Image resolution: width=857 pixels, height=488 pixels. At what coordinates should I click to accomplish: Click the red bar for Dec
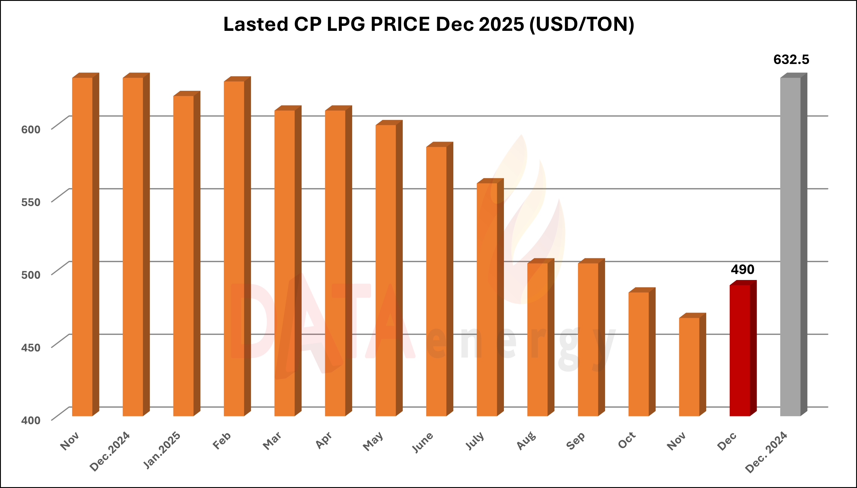pos(740,350)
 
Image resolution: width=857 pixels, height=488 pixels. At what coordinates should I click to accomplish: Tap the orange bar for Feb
pos(234,248)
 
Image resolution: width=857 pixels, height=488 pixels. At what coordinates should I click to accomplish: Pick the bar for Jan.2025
pos(183,256)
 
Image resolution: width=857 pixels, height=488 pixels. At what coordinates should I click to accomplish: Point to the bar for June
pos(436,281)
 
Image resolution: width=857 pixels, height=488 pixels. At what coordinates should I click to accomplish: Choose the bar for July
pos(487,299)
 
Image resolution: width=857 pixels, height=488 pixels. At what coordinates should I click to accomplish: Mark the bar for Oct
pos(638,354)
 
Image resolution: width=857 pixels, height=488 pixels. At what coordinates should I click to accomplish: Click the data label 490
pos(742,269)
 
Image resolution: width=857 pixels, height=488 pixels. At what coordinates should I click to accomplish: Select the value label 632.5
pos(791,60)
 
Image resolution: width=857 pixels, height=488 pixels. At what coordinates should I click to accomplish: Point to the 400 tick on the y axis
pos(31,420)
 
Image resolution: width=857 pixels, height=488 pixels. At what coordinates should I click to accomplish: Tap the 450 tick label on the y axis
pos(31,347)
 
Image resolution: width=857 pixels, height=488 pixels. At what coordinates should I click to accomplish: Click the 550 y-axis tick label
pos(31,202)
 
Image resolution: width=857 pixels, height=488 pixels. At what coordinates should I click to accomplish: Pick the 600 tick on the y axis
pos(31,129)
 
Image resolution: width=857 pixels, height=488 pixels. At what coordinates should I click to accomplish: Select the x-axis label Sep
pos(576,441)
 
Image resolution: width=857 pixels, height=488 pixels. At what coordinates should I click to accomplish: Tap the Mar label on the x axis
pos(272,441)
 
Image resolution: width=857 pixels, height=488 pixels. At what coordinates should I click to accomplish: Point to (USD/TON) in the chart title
pos(582,24)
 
